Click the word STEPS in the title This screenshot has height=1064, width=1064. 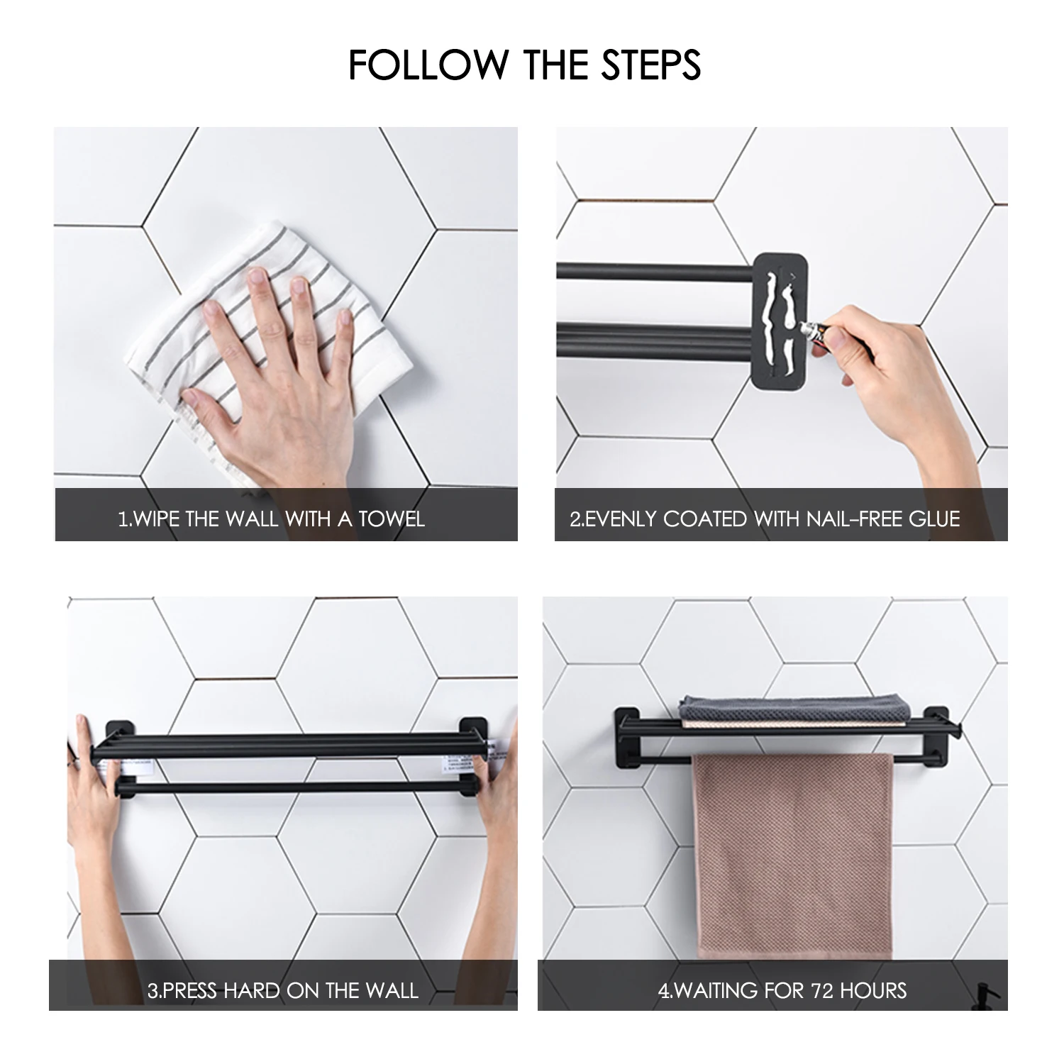[x=652, y=65]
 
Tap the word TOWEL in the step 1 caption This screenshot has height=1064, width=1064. [x=391, y=519]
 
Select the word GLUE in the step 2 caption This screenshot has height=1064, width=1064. [x=934, y=519]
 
